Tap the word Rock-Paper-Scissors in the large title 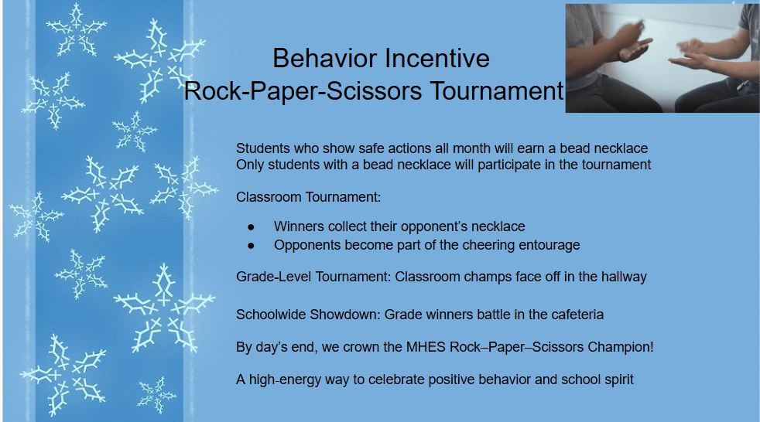tap(303, 91)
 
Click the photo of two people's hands tap(662, 58)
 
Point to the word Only tap(250, 165)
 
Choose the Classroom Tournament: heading tap(308, 197)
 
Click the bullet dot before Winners tap(250, 227)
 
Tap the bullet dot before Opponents tap(250, 246)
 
